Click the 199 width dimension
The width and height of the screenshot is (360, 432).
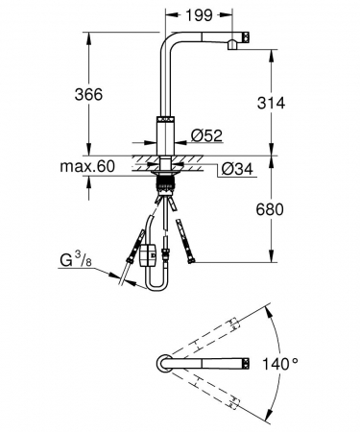[x=199, y=14]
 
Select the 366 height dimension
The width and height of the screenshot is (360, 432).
[x=88, y=94]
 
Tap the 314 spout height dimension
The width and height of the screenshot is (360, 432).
[x=271, y=103]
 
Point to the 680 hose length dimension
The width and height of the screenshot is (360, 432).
[x=270, y=209]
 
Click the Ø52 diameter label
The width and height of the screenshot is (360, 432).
[x=206, y=135]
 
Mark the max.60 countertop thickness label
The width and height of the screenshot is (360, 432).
[x=87, y=166]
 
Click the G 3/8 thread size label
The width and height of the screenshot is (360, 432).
[x=76, y=259]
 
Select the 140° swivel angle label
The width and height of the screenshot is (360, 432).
[x=280, y=364]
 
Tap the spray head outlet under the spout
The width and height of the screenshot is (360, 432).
[x=232, y=44]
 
